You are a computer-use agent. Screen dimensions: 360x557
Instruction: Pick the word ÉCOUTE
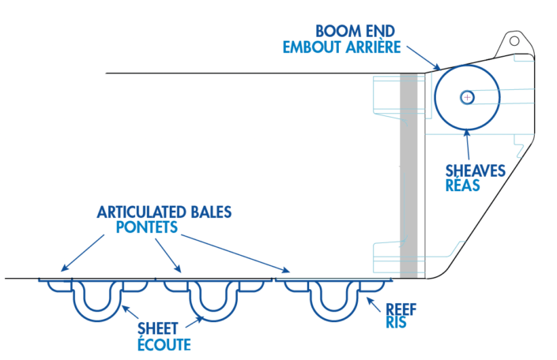pyautogui.click(x=164, y=344)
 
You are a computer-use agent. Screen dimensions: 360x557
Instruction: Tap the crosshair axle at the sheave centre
pyautogui.click(x=467, y=97)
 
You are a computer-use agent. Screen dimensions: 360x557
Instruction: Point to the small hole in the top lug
pyautogui.click(x=514, y=40)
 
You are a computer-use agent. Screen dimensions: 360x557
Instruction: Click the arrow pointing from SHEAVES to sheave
pyautogui.click(x=469, y=148)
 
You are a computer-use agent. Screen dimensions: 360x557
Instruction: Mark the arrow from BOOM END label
pyautogui.click(x=425, y=59)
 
